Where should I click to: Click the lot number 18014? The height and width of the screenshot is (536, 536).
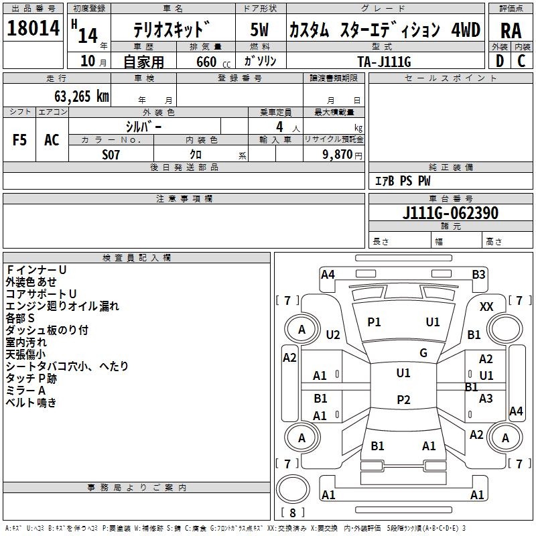coord(33,29)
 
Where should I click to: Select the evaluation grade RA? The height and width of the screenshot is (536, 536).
coord(511,30)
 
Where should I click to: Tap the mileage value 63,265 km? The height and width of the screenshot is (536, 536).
coord(74,96)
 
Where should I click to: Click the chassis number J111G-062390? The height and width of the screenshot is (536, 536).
coord(450,213)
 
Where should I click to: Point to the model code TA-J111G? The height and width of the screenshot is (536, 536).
coord(385,61)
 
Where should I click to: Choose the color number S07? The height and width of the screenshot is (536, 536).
coord(111,154)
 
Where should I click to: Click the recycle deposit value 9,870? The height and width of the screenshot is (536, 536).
coord(338,155)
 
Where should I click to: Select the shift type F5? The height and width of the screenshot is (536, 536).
coord(19,140)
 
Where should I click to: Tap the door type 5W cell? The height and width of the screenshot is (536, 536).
coord(261,30)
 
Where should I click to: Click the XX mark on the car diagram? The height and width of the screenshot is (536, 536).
coord(487,306)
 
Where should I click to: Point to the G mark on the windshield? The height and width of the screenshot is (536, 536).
coord(423,352)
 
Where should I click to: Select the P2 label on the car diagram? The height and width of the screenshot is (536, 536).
coord(403,400)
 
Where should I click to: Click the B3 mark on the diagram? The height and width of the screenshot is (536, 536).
coord(478,274)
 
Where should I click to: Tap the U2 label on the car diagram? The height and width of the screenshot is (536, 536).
coord(333,334)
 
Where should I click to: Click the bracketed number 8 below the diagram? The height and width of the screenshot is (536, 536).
coord(292,513)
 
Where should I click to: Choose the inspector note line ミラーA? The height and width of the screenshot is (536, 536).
coord(25,391)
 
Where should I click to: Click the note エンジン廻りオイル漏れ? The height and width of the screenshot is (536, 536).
coord(62,306)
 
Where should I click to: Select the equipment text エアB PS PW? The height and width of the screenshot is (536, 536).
coord(402,181)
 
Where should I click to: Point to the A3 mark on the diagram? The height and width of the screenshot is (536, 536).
coord(486,398)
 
